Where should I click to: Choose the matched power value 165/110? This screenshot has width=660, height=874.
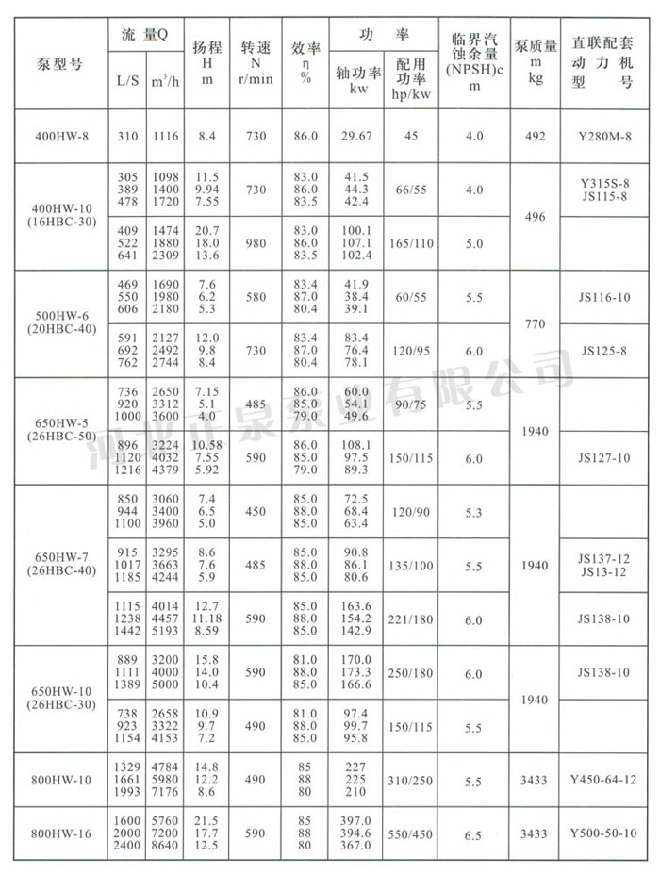412,243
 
